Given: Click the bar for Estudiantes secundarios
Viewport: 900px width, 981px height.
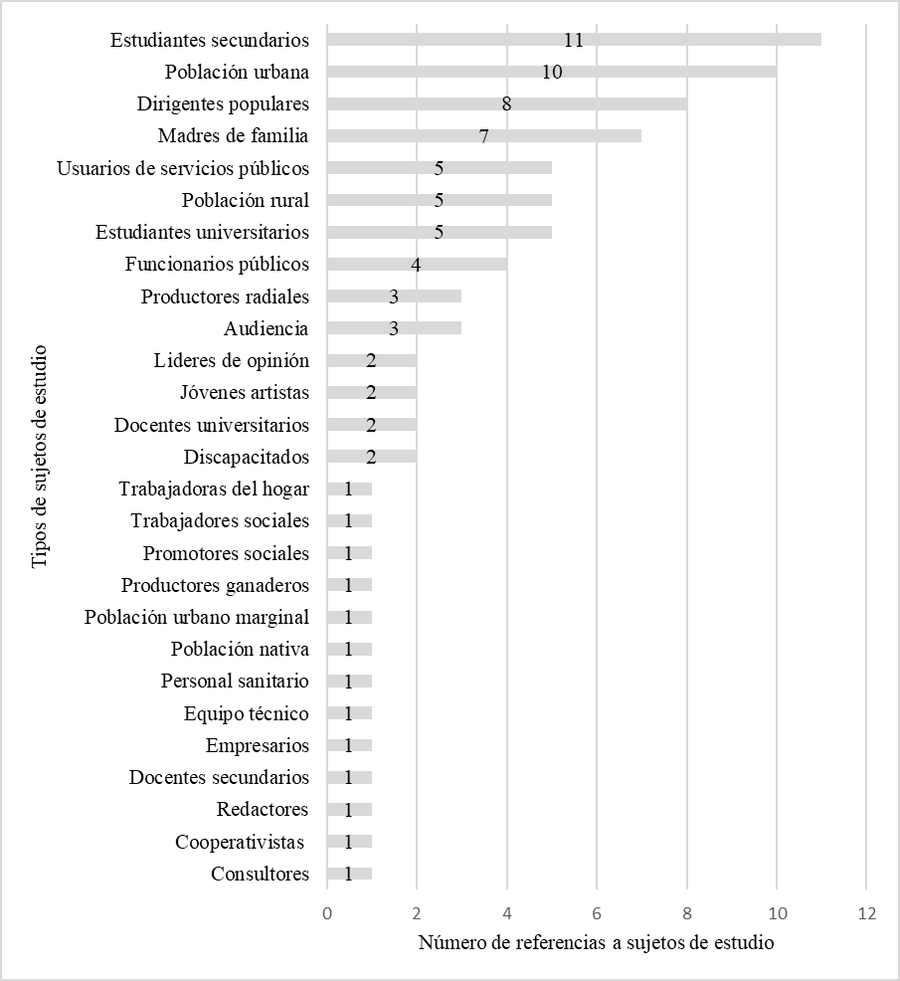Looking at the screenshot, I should coord(574,40).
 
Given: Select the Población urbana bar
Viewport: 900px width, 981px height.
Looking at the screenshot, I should coord(552,72).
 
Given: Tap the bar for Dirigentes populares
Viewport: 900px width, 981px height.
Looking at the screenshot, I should coord(507,103).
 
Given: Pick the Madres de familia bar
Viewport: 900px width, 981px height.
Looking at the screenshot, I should coord(484,135).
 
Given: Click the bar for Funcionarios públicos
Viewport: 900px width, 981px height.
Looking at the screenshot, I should coord(417,264).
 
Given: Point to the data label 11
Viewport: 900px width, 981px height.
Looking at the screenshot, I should coord(573,40).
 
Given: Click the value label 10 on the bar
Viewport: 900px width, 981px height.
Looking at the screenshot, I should coord(552,72).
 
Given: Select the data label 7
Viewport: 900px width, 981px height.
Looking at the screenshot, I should coord(484,136).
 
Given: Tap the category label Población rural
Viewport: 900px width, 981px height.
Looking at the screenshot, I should coord(245,200).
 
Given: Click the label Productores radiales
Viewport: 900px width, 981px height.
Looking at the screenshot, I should coord(225,296).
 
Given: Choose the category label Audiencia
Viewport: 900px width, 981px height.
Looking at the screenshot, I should coord(267,328).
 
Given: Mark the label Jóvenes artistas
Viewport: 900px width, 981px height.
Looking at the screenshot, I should coord(245,393).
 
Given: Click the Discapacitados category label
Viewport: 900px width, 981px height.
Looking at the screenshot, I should coord(247,457).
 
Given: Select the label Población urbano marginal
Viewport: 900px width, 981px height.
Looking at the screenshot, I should coord(197,617).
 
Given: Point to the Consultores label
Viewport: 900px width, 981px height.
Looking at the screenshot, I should coord(260,874).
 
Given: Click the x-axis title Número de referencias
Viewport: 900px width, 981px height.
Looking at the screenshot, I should coord(596,942).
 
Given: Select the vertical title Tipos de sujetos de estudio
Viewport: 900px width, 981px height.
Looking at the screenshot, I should coord(40,457).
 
